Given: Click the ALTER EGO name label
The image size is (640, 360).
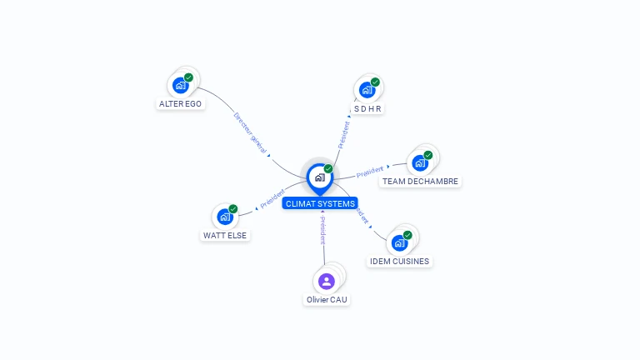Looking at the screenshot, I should click(180, 104).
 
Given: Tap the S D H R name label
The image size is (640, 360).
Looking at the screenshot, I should click(367, 109).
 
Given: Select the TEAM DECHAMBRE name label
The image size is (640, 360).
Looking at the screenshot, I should click(420, 182).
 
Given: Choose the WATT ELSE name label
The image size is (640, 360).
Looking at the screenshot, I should click(225, 236).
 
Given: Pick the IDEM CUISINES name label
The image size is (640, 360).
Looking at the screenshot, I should click(399, 262).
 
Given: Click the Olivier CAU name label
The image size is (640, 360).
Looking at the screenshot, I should click(327, 299).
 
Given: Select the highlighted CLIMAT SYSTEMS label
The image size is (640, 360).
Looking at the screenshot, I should click(320, 203).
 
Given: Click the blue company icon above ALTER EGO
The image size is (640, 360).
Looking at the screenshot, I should click(180, 85).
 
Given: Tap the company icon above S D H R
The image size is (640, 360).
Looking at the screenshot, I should click(367, 90).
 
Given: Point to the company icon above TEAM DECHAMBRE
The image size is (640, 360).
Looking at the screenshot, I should click(419, 162).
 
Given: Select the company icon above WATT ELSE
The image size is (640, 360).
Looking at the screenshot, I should click(225, 217).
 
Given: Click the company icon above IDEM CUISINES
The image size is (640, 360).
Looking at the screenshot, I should click(399, 242).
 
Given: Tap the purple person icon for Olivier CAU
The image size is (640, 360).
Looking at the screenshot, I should click(327, 281).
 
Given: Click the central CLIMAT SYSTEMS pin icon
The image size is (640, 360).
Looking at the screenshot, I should click(319, 177).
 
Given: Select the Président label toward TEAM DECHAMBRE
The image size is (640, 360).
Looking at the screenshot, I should click(370, 172).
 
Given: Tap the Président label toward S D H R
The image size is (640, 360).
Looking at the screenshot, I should click(343, 134).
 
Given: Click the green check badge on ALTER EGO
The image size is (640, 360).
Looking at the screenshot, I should click(189, 77).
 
